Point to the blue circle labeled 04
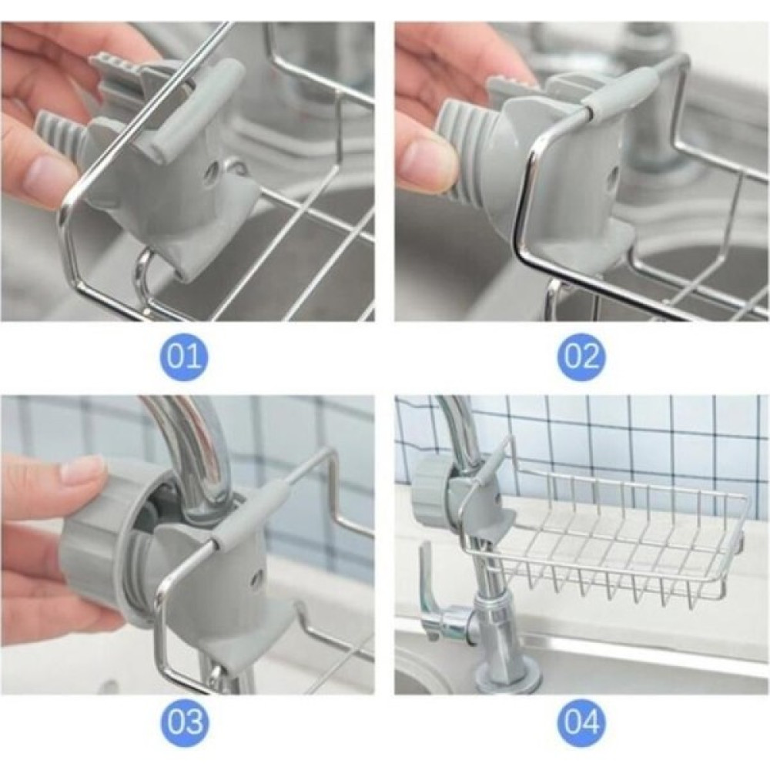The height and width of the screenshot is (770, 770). [581, 723]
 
